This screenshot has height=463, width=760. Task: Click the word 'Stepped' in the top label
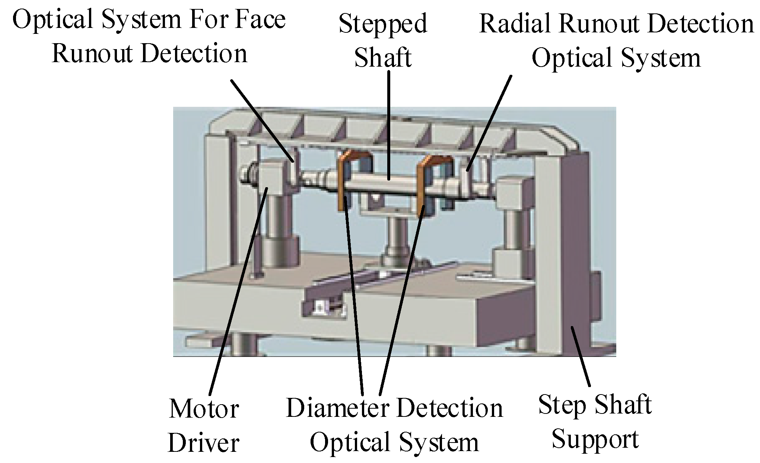pos(383,25)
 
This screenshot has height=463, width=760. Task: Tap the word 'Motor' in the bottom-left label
pos(204,409)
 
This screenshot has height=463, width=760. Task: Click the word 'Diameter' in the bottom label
pos(337,408)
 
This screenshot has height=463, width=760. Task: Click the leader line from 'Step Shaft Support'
pos(581,357)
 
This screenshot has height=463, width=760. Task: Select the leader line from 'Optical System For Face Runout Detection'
pos(261,119)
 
